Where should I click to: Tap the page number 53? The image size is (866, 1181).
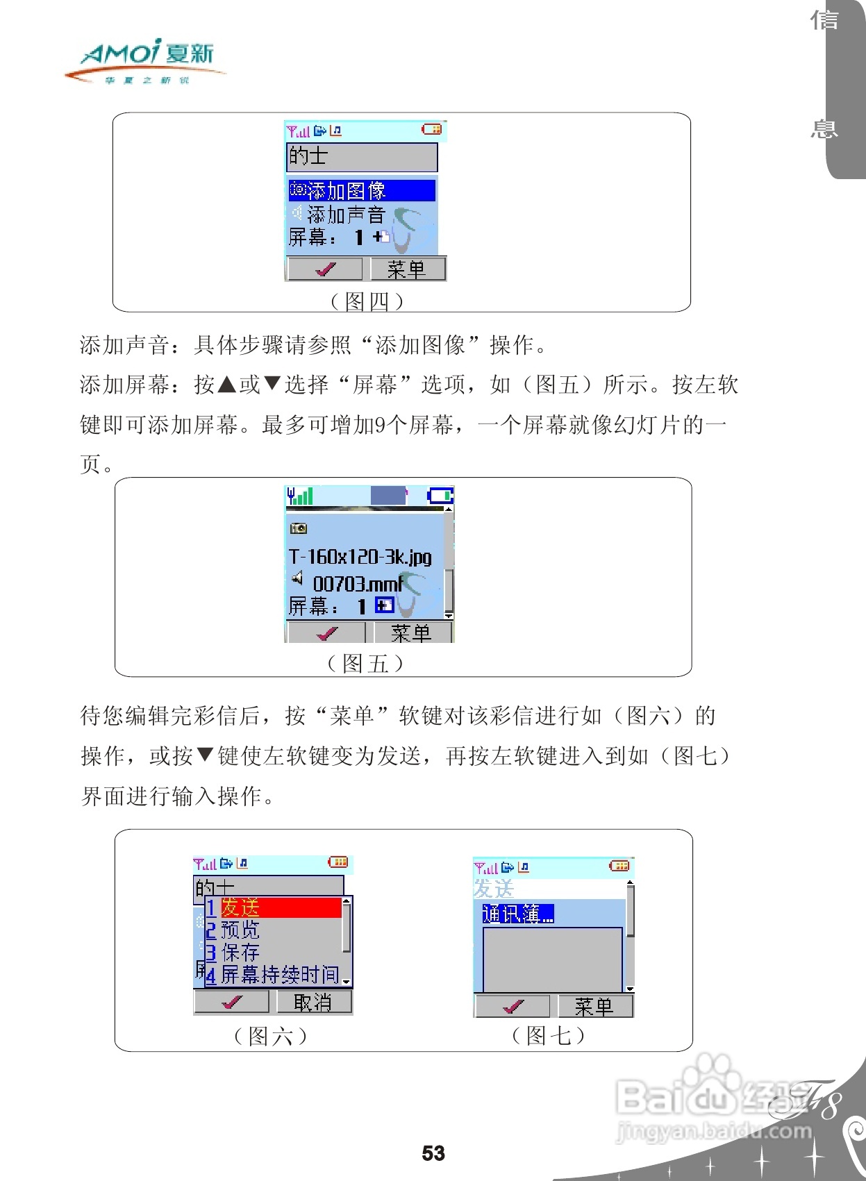433,1153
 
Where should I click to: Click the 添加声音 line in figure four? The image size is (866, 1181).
345,214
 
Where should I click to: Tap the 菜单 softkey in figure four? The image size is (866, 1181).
407,269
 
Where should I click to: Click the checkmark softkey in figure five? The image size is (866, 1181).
326,633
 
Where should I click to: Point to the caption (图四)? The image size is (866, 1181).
367,301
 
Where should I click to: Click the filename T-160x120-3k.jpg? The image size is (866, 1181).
360,557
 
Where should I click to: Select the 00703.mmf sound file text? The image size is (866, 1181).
358,583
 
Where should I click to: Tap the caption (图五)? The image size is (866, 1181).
365,664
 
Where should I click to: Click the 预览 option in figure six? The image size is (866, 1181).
240,930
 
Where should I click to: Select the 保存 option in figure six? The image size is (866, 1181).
240,953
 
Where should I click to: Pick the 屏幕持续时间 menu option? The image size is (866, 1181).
279,975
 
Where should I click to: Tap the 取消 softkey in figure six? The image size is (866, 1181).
313,1002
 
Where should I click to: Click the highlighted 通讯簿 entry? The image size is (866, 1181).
518,914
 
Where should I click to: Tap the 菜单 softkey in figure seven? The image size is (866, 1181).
594,1006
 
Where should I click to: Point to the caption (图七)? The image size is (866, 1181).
549,1036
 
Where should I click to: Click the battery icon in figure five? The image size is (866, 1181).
440,495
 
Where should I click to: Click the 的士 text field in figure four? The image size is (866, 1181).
361,156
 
